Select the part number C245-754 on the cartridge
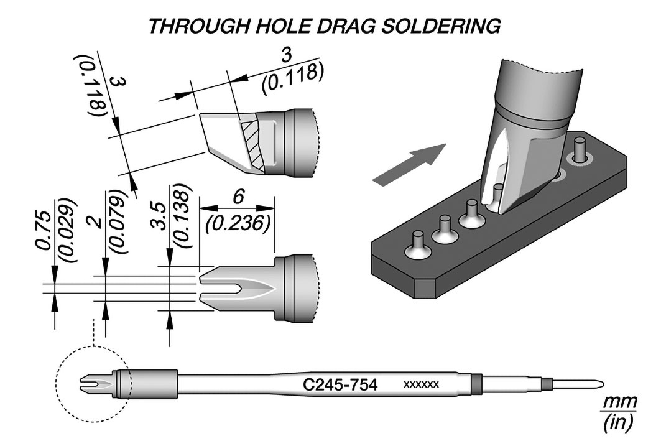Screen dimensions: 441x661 point(340,384)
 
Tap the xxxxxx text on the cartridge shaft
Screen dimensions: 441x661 point(422,384)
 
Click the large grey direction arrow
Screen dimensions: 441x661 point(409,164)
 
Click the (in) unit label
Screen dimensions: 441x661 point(617,424)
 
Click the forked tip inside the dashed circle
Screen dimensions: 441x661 point(94,384)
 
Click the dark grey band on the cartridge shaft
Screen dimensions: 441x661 point(476,383)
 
